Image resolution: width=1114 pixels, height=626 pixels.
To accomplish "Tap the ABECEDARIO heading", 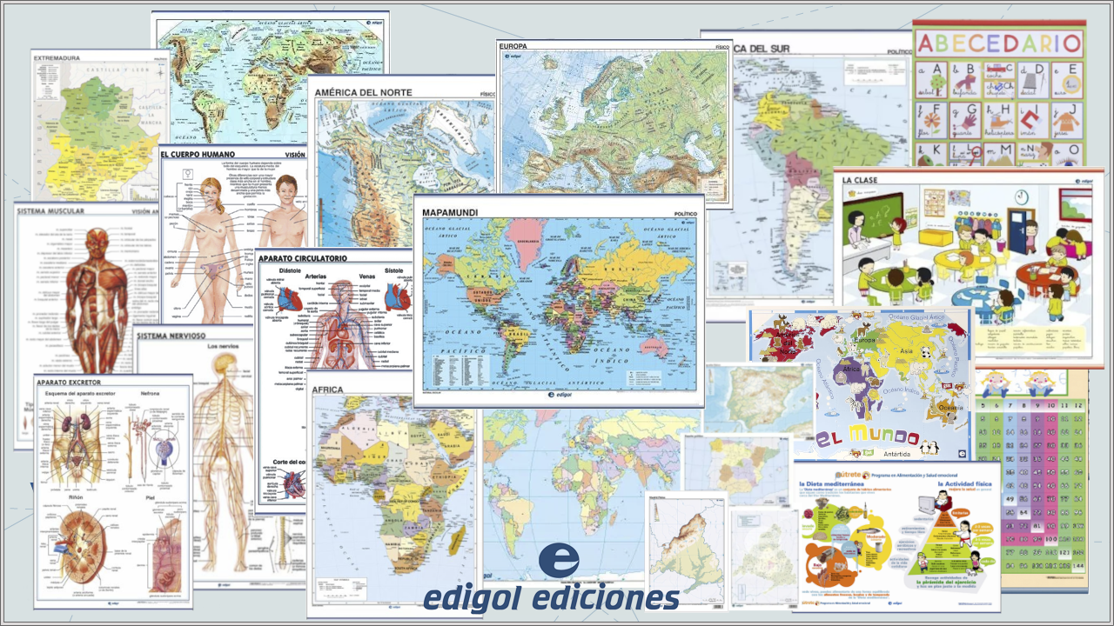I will click(999, 43).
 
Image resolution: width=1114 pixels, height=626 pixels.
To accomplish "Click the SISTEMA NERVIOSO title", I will click(171, 336).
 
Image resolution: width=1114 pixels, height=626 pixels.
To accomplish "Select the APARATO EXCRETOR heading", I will click(69, 382).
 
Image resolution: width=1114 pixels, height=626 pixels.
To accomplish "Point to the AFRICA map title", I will click(329, 390).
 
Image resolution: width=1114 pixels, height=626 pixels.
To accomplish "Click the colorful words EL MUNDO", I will click(868, 436).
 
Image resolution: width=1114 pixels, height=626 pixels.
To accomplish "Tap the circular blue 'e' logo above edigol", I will click(559, 561).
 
